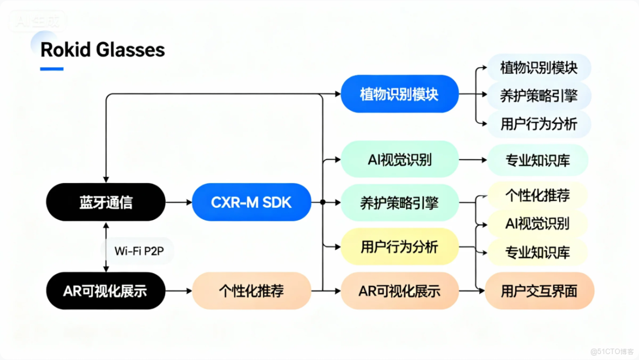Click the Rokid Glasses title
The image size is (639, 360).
103,50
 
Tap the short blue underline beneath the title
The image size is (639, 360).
52,69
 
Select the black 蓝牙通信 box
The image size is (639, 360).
105,202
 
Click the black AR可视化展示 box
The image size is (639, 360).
105,291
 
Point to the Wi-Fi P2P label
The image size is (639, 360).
137,251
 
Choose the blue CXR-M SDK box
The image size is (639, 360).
251,202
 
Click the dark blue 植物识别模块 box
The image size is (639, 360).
399,94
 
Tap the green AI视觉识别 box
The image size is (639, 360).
399,160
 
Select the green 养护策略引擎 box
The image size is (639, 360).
399,203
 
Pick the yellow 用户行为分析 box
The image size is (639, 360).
399,247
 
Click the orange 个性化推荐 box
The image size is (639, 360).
251,291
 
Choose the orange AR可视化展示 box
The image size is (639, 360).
399,291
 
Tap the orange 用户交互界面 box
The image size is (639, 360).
539,291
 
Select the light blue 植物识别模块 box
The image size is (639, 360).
539,68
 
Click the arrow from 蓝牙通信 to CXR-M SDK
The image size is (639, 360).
178,202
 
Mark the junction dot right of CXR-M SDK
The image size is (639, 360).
322,202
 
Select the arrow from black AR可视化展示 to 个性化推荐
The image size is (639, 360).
178,291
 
